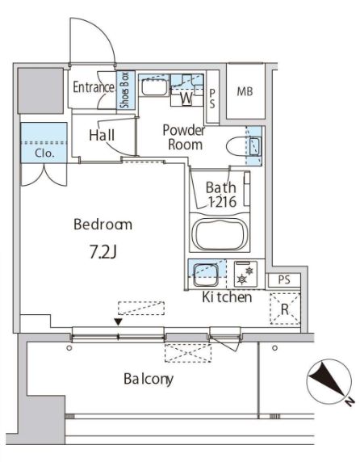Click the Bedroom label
click(103, 225)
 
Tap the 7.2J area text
click(103, 252)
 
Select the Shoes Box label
click(125, 90)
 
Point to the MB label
click(245, 91)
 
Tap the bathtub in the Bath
click(220, 234)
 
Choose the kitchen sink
click(206, 274)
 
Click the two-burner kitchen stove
click(245, 274)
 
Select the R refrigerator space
click(285, 309)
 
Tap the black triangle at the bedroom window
click(119, 322)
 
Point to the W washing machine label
click(186, 98)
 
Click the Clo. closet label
click(44, 153)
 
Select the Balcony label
click(149, 379)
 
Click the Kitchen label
click(227, 297)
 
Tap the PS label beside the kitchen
click(284, 280)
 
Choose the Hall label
click(102, 135)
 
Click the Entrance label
click(94, 87)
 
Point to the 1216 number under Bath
click(222, 202)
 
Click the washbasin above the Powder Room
click(154, 87)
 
